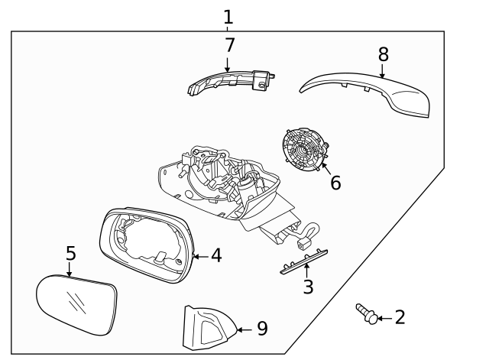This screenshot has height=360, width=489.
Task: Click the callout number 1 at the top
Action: (228, 16)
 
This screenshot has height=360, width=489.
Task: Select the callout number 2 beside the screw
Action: (400, 317)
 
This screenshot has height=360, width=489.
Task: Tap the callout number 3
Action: (307, 287)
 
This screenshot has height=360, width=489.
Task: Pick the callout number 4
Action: (216, 255)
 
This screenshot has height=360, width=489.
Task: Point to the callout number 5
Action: (70, 253)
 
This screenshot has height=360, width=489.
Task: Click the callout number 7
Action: (229, 46)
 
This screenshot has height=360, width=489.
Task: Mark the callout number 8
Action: (383, 54)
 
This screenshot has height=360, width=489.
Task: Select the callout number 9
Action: (261, 329)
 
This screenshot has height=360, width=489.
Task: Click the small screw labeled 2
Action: (365, 313)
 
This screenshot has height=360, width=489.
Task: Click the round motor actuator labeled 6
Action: (304, 149)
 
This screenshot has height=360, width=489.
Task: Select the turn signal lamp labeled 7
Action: (229, 83)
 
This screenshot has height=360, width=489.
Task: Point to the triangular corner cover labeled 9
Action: (206, 327)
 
